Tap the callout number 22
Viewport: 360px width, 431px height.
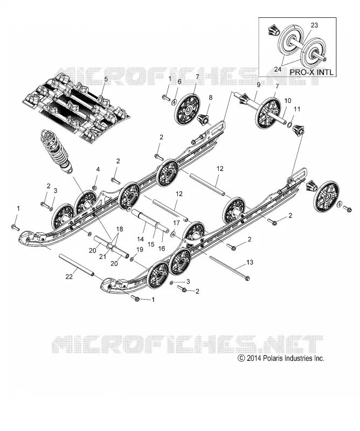(69, 276)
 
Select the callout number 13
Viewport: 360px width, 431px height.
(250, 262)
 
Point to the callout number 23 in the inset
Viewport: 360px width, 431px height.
(314, 25)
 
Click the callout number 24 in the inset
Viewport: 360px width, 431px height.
(278, 69)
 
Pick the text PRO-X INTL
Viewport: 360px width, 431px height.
(312, 72)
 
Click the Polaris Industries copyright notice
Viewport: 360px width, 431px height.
(281, 358)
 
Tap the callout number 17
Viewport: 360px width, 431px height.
(176, 223)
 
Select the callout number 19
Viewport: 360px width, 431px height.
(140, 249)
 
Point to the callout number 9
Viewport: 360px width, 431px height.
(258, 85)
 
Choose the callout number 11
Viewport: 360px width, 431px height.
(297, 109)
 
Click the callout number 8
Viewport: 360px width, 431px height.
(211, 97)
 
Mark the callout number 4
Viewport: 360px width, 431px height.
(98, 169)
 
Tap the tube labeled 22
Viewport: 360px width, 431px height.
(77, 265)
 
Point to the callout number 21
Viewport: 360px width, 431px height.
(102, 256)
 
